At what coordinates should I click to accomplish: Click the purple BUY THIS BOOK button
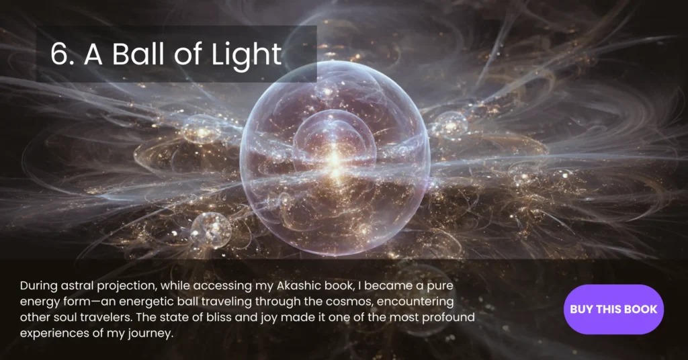613,309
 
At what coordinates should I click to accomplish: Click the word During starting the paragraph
38,287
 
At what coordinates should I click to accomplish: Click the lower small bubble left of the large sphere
211,230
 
